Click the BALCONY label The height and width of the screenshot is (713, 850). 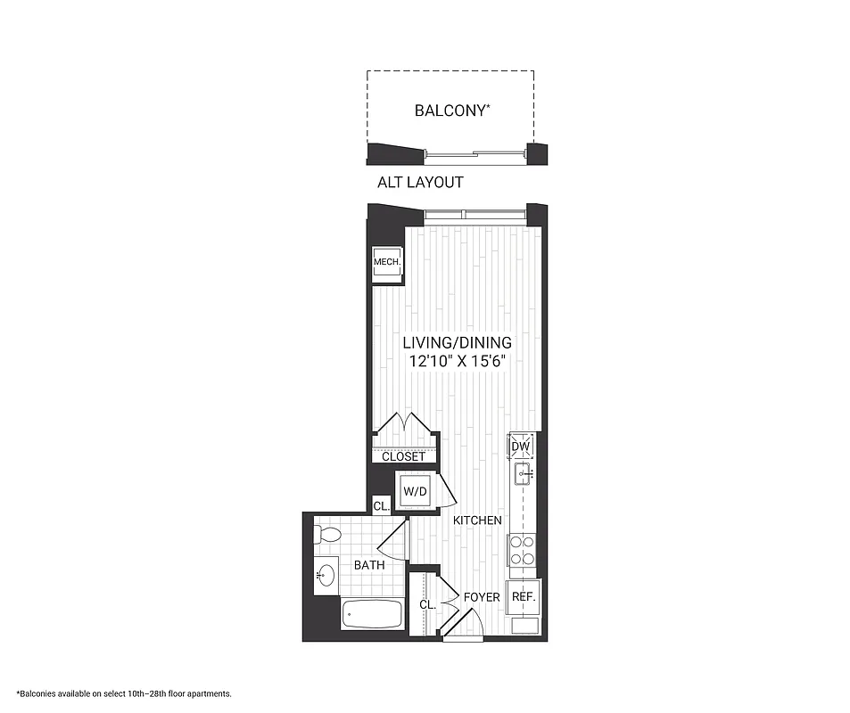click(x=451, y=111)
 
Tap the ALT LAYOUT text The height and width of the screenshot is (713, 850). click(x=421, y=182)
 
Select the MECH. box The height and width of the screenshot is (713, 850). click(x=386, y=262)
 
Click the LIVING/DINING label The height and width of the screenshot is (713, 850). click(x=457, y=342)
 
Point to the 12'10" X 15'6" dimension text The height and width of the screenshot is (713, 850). click(x=457, y=362)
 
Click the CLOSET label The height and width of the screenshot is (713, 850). click(x=403, y=456)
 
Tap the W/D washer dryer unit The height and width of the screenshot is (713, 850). click(x=415, y=491)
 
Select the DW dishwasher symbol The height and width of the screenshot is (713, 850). click(x=521, y=447)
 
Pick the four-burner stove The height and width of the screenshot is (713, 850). click(x=521, y=550)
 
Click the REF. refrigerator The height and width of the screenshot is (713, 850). click(x=523, y=597)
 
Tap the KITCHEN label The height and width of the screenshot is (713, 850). click(x=477, y=520)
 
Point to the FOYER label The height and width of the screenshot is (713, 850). click(x=482, y=596)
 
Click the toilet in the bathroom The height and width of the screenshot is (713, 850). click(x=326, y=535)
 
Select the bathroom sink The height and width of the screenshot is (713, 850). click(x=325, y=576)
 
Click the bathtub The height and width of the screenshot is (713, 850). click(x=373, y=614)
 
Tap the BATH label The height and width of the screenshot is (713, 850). click(x=368, y=565)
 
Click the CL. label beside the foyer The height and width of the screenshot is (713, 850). click(x=427, y=604)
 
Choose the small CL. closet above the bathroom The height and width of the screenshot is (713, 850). click(x=381, y=505)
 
